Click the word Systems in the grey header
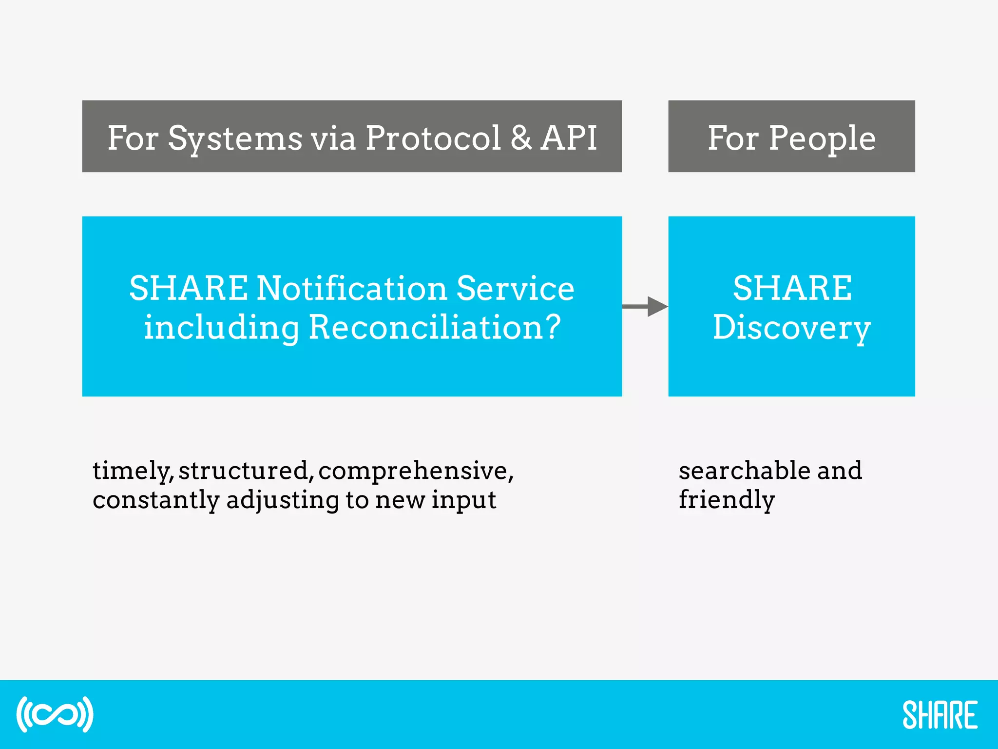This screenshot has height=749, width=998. [x=235, y=138]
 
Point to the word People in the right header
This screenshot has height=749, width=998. [x=822, y=138]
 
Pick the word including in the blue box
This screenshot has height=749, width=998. [x=221, y=328]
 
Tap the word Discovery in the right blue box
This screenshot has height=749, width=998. [x=791, y=328]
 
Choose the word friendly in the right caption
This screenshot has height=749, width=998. [x=726, y=500]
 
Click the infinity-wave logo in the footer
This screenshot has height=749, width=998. [x=55, y=714]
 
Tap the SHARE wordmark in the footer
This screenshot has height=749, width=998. [x=940, y=715]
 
